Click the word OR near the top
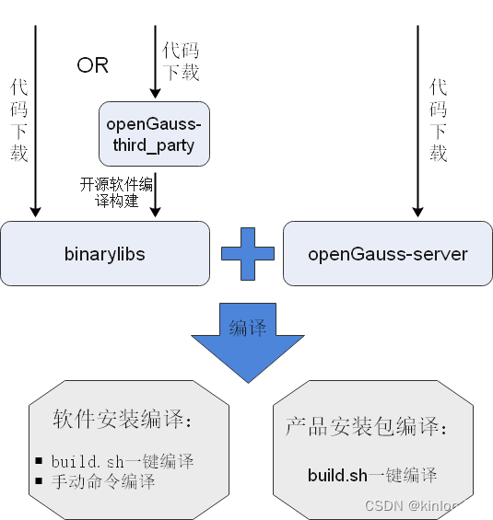pos(92,65)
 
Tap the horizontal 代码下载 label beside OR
pos(181,61)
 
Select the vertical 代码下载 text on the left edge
pos(18,120)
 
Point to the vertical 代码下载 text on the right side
pos(439,120)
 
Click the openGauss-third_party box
pos(154,134)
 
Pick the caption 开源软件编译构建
pos(116,192)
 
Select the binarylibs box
pos(105,254)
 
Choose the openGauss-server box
pos(387,254)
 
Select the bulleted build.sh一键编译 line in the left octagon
pos(123,461)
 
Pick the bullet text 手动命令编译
pos(103,481)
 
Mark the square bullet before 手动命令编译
pos(39,481)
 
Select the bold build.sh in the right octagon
pos(337,475)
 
